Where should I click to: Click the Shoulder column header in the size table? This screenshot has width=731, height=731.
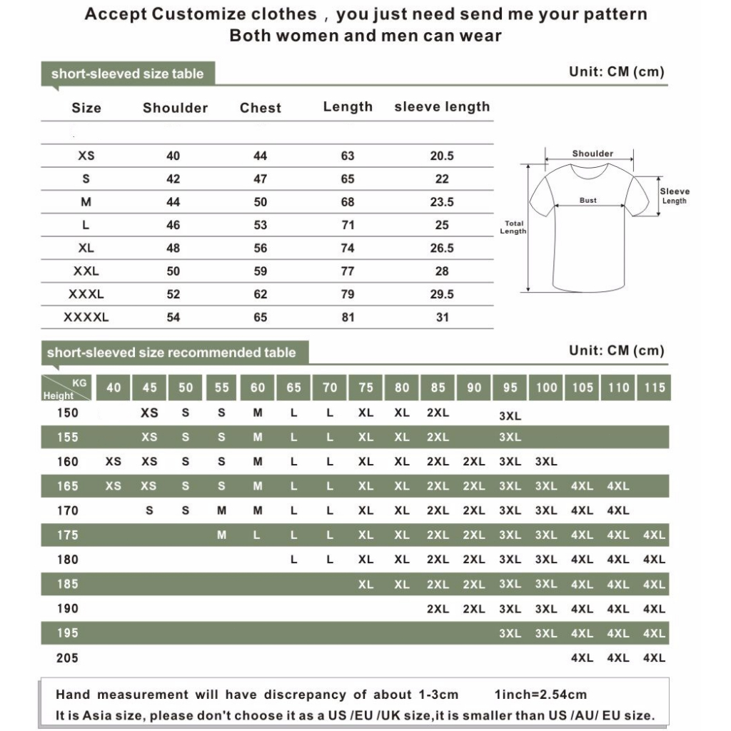click(175, 108)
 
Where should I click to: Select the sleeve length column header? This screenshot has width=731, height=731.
click(442, 107)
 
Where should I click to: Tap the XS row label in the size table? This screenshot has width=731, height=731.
click(86, 156)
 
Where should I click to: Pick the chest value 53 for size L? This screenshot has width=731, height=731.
click(261, 225)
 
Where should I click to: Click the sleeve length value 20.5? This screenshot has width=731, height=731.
click(442, 156)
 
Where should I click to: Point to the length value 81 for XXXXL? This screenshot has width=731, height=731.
click(348, 317)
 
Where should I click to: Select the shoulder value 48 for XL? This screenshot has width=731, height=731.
click(173, 248)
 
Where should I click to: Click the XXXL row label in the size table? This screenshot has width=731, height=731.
click(86, 294)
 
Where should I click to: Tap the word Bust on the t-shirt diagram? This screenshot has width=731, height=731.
click(588, 201)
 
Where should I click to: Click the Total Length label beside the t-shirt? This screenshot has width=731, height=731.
click(513, 228)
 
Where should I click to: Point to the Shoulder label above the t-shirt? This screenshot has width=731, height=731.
click(593, 153)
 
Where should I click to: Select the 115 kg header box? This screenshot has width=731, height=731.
click(654, 388)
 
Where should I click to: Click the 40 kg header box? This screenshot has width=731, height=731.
click(114, 388)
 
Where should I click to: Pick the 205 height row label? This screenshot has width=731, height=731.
click(68, 658)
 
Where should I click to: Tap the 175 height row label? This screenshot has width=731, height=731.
click(68, 535)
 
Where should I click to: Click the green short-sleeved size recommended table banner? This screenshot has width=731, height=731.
click(171, 353)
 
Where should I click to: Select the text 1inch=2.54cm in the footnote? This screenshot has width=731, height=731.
click(540, 695)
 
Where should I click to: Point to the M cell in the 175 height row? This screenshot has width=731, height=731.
click(221, 535)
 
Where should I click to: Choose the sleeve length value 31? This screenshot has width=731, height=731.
click(442, 317)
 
